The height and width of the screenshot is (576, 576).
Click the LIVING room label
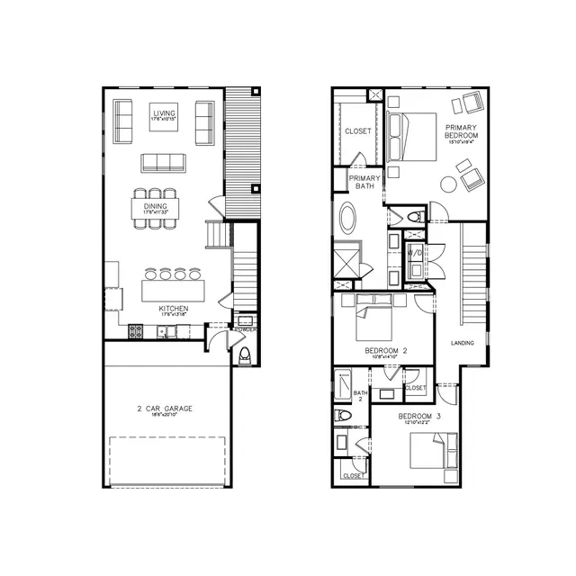pyautogui.click(x=164, y=112)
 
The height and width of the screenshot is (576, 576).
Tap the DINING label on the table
pyautogui.click(x=155, y=206)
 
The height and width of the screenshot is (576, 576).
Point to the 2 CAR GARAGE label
pyautogui.click(x=165, y=408)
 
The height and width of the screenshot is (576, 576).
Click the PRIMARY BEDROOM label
pyautogui.click(x=460, y=133)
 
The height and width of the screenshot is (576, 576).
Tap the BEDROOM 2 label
pyautogui.click(x=386, y=351)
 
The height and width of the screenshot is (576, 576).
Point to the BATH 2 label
pyautogui.click(x=360, y=396)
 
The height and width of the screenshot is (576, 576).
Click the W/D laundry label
pyautogui.click(x=415, y=254)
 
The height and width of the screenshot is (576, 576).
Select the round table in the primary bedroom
pyautogui.click(x=448, y=184)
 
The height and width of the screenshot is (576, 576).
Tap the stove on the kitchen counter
pyautogui.click(x=136, y=331)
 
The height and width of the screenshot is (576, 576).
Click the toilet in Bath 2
pyautogui.click(x=343, y=416)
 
